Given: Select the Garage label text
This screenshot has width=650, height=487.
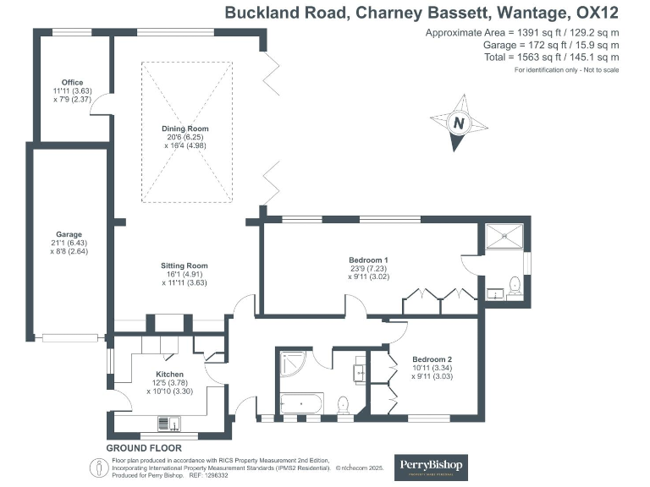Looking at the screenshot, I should tap(69, 234).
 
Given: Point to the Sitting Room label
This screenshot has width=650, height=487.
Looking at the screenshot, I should tap(184, 265).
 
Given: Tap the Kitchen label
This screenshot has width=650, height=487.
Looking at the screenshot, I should tap(169, 374).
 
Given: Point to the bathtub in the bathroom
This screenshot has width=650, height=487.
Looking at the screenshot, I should tap(300, 403).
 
